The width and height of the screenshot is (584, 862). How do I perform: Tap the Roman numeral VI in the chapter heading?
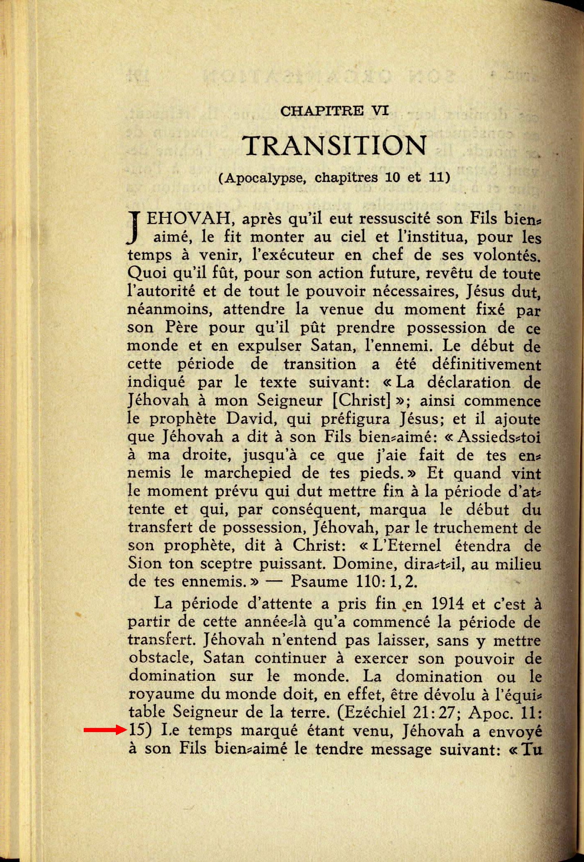380,111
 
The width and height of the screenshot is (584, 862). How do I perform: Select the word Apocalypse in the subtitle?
266,178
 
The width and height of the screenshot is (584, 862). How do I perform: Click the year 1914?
447,604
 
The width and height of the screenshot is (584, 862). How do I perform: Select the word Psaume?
319,582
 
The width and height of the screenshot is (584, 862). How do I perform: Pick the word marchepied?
247,473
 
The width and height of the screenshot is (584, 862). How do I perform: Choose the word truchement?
476,528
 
